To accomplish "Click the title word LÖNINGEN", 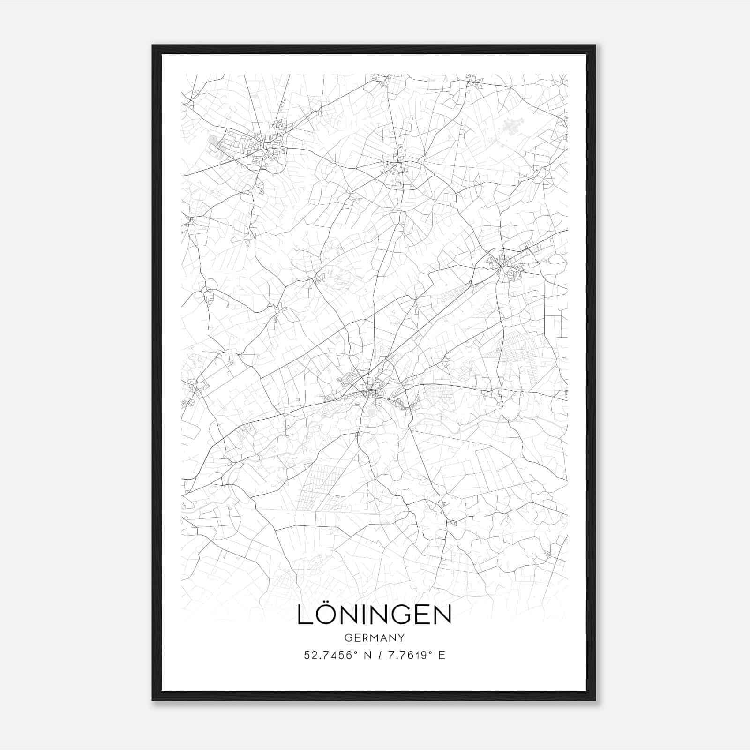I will tap(374, 615).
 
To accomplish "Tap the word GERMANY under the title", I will tap(374, 638).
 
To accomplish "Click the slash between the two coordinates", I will tap(378, 655).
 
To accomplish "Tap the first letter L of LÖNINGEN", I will tap(305, 615).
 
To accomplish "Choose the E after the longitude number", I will tap(442, 655).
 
